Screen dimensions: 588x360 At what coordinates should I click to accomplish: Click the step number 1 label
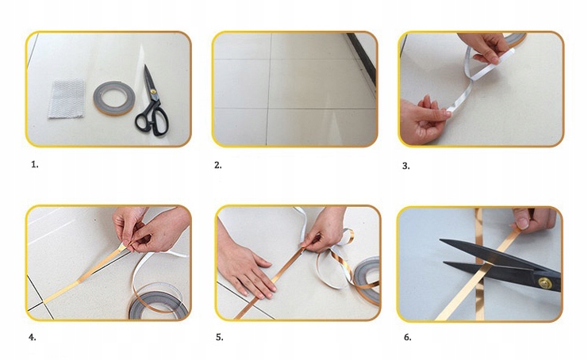[34, 164]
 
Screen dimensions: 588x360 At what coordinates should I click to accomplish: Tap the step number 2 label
[218, 165]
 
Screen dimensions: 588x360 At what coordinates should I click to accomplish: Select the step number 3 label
[405, 166]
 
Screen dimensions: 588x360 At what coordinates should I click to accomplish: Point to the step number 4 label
[33, 338]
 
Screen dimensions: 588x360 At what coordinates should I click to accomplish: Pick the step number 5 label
[219, 338]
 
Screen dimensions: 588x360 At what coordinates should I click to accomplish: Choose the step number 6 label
[407, 338]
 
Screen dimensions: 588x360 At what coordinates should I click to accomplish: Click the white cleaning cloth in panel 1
[67, 98]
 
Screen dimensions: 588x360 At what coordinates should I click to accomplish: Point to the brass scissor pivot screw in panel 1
[153, 91]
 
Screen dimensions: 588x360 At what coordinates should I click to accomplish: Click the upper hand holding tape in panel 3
[484, 48]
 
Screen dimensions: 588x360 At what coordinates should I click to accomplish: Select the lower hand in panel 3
[423, 120]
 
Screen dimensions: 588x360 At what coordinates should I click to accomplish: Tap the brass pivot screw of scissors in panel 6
[544, 283]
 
